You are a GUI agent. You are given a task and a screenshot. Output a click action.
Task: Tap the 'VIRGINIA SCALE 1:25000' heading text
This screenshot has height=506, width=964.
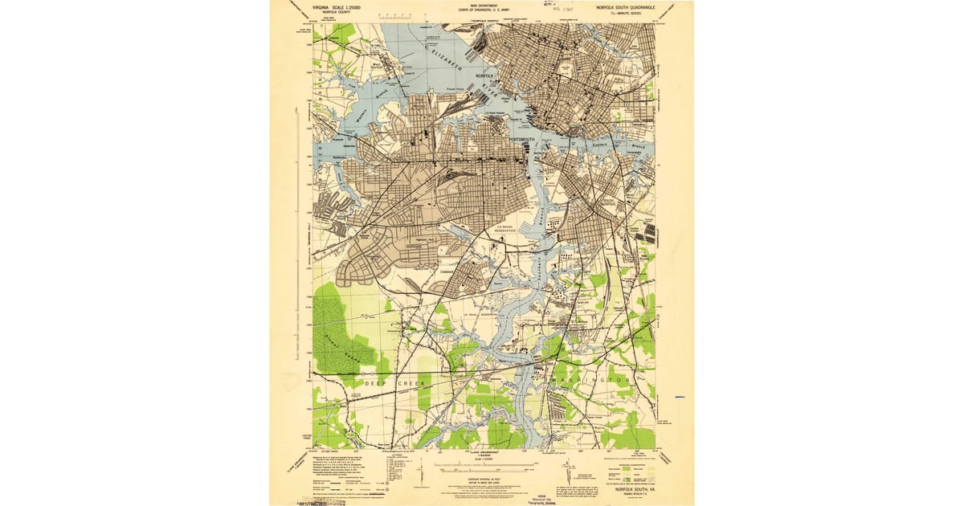(x=331, y=7)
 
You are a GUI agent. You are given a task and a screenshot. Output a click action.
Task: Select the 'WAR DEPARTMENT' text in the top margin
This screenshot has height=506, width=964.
(x=479, y=6)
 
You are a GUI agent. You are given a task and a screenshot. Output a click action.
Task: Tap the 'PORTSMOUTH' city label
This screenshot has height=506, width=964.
(x=525, y=140)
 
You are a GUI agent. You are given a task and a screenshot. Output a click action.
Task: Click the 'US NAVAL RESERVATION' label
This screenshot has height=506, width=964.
(x=509, y=229)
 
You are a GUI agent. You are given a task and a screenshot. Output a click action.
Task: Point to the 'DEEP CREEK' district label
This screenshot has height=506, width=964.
(x=394, y=384)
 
